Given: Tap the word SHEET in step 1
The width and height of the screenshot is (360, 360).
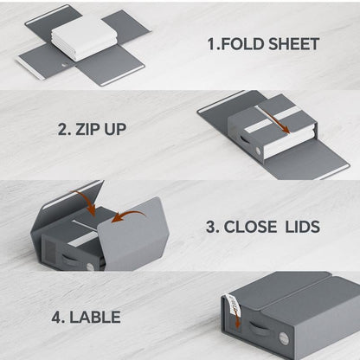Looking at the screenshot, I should click(x=293, y=43).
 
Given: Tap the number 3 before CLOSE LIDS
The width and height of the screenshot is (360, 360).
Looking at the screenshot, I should click(x=211, y=228).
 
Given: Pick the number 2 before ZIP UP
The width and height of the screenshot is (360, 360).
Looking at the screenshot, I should click(x=63, y=131).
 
